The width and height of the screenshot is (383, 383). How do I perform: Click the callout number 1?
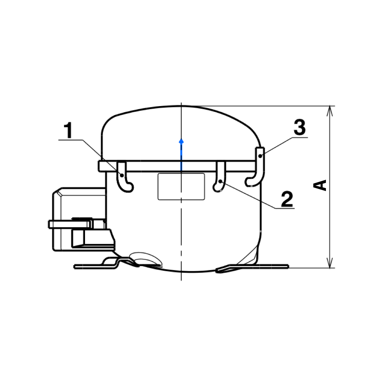[69, 131]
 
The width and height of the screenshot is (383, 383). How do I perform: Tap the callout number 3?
[300, 127]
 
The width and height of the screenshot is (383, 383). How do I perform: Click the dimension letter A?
[321, 184]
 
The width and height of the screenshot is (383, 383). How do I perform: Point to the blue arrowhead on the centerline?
[182, 141]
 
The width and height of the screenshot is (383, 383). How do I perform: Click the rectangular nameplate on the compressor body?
[181, 187]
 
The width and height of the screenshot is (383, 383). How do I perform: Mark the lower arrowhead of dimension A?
[329, 264]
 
